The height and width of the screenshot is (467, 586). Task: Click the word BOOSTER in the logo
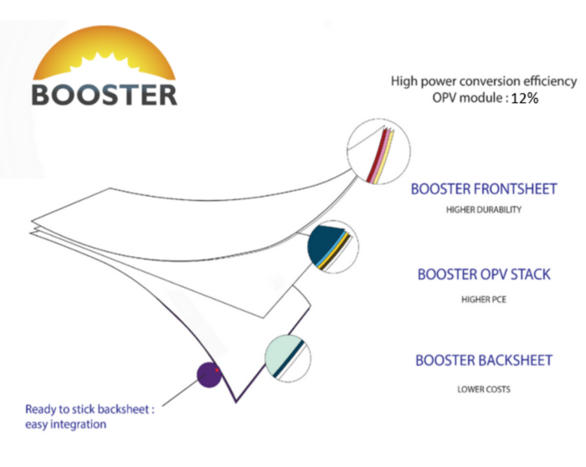[x=105, y=95]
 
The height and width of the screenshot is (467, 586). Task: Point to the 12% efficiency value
[x=525, y=98]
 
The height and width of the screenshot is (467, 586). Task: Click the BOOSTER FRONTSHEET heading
[x=484, y=189]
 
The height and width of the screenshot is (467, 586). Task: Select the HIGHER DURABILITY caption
[x=484, y=209]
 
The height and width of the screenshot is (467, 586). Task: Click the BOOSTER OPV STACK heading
[x=484, y=275]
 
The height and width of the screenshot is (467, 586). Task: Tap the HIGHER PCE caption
[x=484, y=300]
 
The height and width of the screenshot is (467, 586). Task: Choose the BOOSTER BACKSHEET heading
[x=484, y=361]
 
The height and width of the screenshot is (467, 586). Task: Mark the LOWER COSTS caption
[x=484, y=389]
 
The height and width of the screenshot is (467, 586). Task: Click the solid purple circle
[x=209, y=375]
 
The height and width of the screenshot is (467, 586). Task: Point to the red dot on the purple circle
[x=217, y=370]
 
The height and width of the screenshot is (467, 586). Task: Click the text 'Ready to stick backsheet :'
[x=90, y=410]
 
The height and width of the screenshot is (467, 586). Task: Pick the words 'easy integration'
[x=66, y=425]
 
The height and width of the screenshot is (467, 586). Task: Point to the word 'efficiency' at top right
[x=550, y=81]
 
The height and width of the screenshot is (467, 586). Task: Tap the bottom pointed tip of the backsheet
[x=236, y=403]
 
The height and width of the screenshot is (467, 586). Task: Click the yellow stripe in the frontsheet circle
[x=387, y=157]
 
